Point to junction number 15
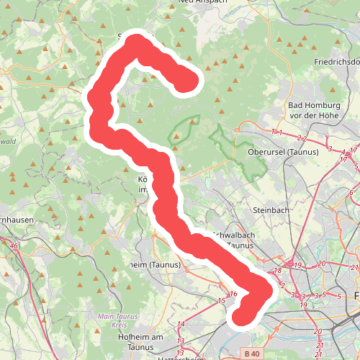pyautogui.click(x=221, y=300)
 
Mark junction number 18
pyautogui.click(x=278, y=271)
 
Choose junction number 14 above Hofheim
pyautogui.click(x=181, y=324)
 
